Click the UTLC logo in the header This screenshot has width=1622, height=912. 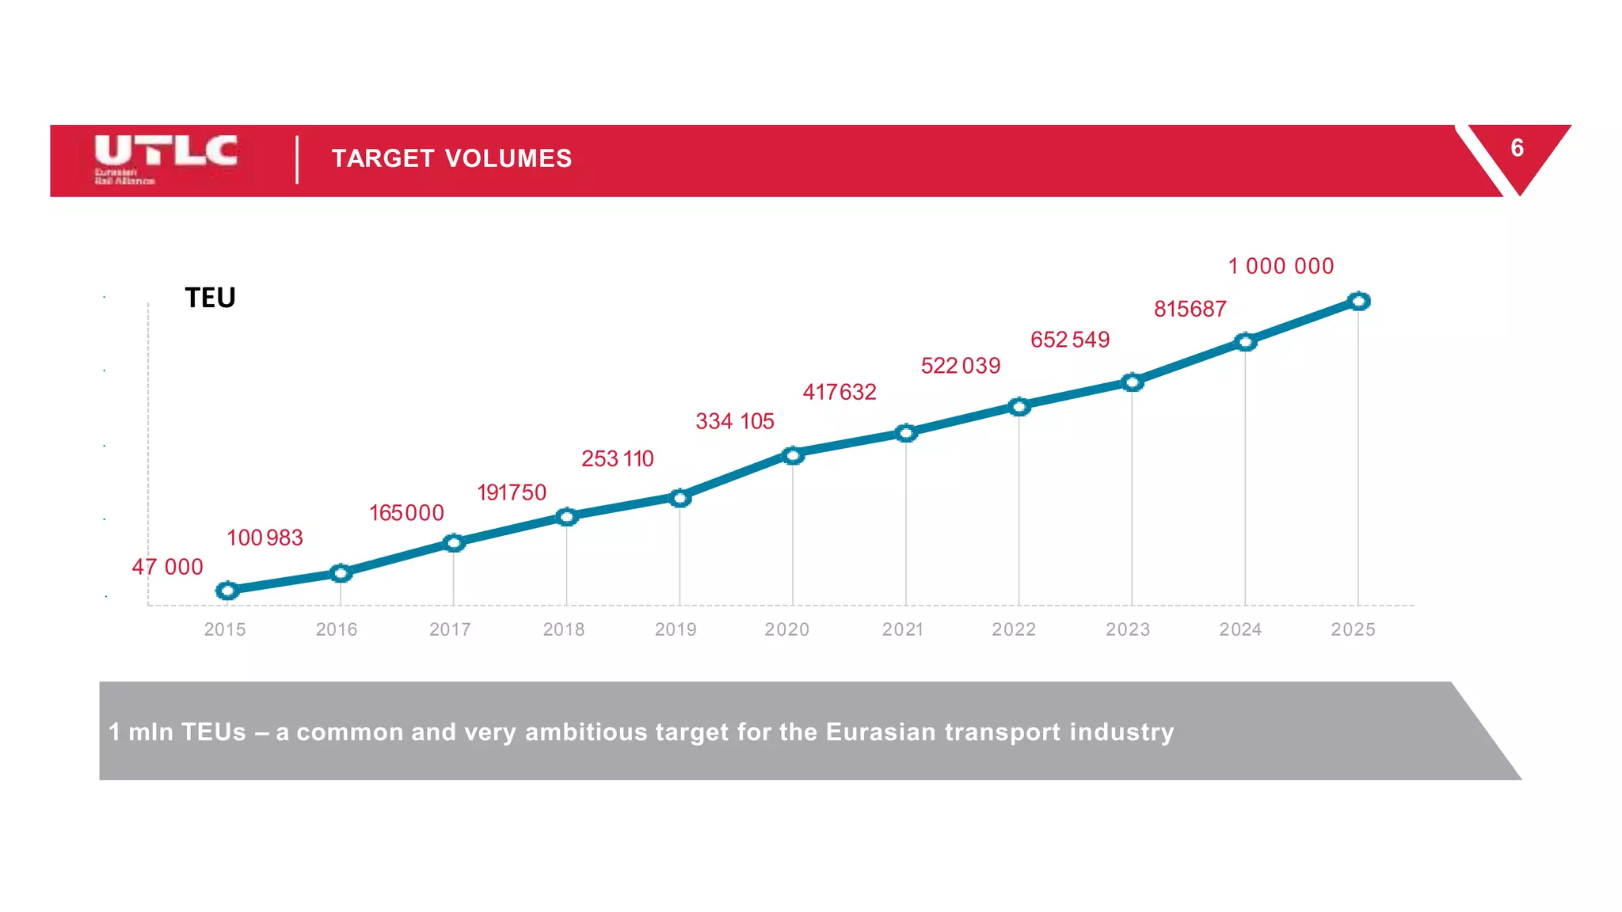165,158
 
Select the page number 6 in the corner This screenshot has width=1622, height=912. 1517,148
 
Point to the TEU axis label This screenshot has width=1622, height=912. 210,298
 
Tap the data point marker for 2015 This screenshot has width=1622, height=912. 227,591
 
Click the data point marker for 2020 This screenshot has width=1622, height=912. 793,455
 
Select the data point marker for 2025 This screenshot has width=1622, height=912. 1359,302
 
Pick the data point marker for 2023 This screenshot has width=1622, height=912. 1133,382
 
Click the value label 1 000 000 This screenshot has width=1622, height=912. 1281,266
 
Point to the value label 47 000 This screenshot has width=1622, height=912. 167,567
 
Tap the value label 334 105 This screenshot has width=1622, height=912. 734,421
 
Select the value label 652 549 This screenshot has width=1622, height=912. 1070,340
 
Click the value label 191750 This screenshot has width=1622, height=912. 512,492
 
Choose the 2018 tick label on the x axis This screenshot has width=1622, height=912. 563,629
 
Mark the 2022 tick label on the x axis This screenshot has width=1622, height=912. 1014,629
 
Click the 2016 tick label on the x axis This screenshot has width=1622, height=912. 337,629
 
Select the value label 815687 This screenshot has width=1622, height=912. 1190,309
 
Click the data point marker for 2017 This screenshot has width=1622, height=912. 454,543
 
